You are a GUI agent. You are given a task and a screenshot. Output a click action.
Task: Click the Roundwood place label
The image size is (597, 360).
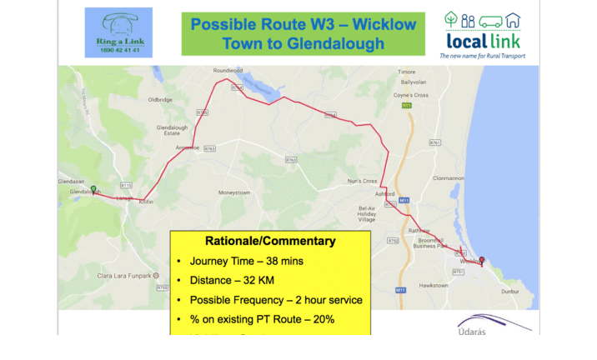[x=227, y=71]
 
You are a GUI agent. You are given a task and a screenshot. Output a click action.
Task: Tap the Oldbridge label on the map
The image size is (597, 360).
[x=159, y=99]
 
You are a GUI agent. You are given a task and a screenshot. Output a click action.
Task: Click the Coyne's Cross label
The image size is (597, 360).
[x=410, y=95]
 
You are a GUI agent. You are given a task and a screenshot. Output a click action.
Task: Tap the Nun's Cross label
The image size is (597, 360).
[x=363, y=181]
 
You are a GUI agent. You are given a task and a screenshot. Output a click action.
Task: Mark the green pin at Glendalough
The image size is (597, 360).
[x=93, y=189]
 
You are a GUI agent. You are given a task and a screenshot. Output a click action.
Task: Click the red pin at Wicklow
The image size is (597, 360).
[x=481, y=259]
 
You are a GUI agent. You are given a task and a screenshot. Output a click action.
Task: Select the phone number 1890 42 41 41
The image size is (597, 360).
[x=118, y=51]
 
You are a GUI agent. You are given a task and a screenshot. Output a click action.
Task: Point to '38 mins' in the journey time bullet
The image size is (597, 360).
[x=284, y=262]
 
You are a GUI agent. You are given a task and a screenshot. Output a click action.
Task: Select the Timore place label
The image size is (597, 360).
[x=407, y=72]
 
